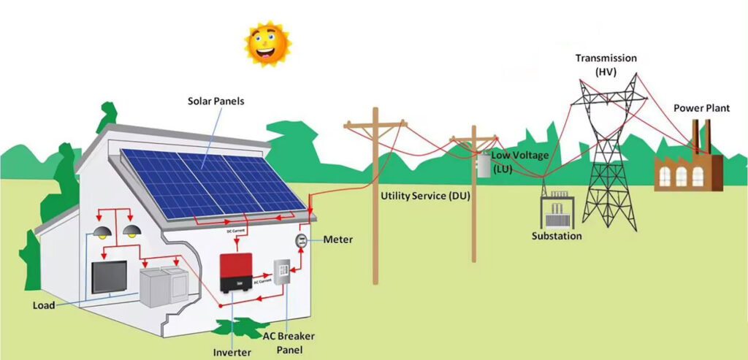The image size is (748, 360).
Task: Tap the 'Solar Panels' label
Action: tap(215, 102)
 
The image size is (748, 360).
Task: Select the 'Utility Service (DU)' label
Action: tap(425, 197)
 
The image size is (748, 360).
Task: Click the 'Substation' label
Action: tap(557, 236)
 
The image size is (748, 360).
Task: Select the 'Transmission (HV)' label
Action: tap(606, 64)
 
